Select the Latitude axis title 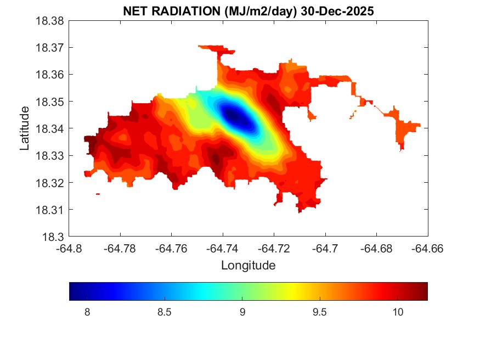25,129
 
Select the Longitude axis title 248,266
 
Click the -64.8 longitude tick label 70,249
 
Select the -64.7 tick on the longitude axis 326,249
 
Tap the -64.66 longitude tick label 428,249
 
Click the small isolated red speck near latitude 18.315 98,194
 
